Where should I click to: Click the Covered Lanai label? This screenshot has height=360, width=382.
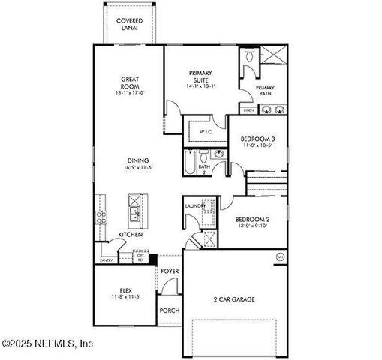coord(131,25)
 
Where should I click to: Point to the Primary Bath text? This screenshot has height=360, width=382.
coord(264,92)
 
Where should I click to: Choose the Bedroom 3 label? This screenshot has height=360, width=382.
coord(257,141)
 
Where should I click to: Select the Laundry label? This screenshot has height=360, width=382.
coord(195,205)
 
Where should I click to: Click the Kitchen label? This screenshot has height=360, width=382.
coord(130,235)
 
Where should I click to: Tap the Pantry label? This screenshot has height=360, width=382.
coord(107,260)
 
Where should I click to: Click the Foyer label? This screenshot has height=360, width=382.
coord(170,271)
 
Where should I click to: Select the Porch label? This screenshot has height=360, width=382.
coord(169,309)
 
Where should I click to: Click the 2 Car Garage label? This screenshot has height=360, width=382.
coord(234,298)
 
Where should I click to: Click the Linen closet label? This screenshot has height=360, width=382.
coord(248,110)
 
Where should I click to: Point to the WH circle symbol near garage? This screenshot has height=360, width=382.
coord(280,256)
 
